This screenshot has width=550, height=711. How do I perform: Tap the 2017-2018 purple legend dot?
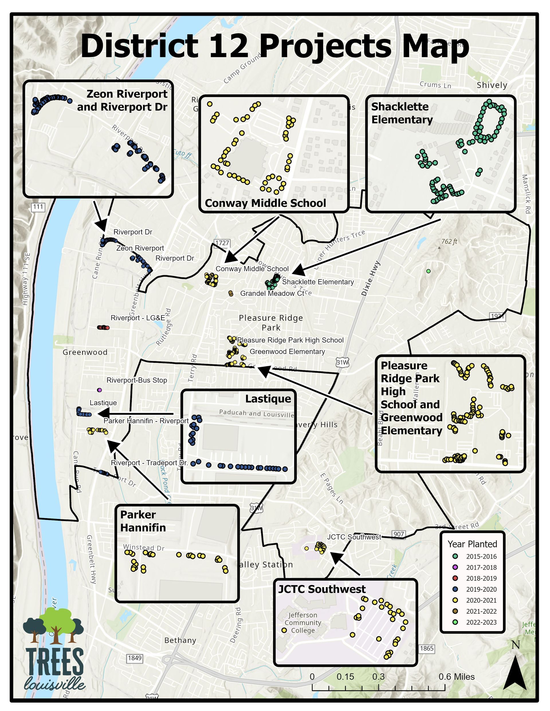pos(455,567)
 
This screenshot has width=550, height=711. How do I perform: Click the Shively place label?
pos(492,85)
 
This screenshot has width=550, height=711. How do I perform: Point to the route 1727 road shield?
pos(222,243)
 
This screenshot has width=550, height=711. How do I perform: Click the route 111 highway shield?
pos(38,207)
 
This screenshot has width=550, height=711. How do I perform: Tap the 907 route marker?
pos(399,534)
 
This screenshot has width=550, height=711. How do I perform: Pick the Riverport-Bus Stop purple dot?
pos(99,390)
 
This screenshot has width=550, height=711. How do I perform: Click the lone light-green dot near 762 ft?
pos(428,271)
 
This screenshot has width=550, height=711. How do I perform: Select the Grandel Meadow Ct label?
pos(272,293)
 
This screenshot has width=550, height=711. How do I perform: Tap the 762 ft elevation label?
pos(449,241)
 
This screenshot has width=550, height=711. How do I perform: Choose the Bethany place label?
pos(180,641)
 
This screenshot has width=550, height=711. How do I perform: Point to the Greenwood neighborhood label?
pos(85,352)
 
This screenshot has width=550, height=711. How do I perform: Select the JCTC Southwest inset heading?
pos(322,589)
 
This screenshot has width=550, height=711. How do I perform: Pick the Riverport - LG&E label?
pos(137,318)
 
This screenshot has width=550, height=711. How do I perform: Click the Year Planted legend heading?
pos(472,544)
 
